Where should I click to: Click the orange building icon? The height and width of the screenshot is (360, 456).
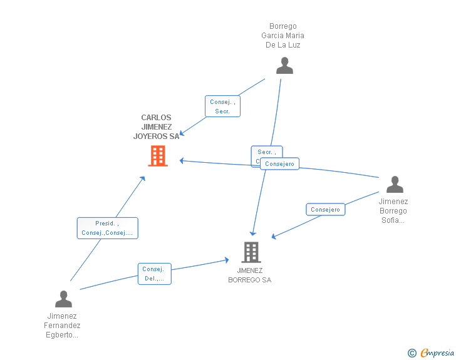click(157, 155)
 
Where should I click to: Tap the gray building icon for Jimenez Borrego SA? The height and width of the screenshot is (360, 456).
click(251, 252)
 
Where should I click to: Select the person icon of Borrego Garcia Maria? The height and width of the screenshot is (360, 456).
click(284, 66)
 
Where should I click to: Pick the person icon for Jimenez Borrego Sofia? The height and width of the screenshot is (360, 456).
click(395, 185)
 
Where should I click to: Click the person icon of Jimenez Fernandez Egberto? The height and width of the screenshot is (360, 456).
click(63, 299)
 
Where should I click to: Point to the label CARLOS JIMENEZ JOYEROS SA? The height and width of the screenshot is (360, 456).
click(156, 127)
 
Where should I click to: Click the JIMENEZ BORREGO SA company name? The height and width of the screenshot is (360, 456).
click(250, 275)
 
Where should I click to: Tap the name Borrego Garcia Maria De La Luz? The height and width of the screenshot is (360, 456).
click(283, 36)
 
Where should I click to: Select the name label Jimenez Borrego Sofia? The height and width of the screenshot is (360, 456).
click(393, 211)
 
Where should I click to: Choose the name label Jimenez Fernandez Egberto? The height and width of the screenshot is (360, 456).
click(62, 326)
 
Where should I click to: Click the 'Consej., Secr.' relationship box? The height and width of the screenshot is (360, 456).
click(222, 106)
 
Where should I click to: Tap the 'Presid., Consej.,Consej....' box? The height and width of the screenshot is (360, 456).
click(107, 228)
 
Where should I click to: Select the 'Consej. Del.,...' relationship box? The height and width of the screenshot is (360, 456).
click(154, 274)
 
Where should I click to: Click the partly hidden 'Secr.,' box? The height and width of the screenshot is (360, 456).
click(265, 152)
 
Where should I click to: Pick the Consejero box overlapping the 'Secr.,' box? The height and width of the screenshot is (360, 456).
click(279, 164)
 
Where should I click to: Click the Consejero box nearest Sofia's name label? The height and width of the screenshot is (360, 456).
click(325, 210)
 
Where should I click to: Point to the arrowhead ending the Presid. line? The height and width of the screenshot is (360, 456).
click(143, 178)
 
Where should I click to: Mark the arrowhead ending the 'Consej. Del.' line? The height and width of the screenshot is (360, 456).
click(227, 259)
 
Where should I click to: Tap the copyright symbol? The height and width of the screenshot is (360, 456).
click(412, 353)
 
